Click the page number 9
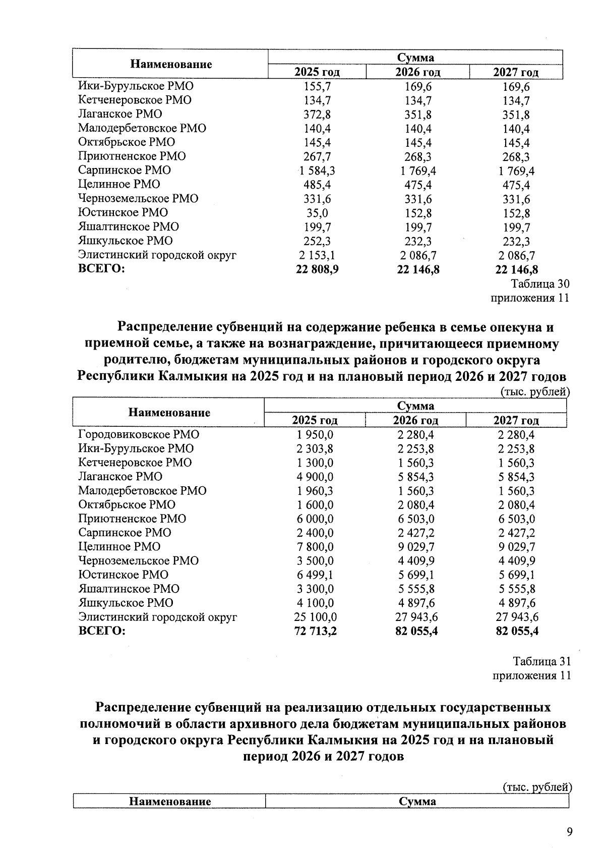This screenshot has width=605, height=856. [569, 832]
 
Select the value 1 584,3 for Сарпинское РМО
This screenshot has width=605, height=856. [317, 170]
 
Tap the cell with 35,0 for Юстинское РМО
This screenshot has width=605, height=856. [317, 213]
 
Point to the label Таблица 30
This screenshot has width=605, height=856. [540, 284]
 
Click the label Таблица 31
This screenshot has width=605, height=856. [541, 661]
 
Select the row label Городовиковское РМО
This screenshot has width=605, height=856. [139, 434]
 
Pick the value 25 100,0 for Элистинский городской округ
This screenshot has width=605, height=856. [316, 617]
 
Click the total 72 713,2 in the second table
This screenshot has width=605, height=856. [316, 631]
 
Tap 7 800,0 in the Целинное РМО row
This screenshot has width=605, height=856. [316, 547]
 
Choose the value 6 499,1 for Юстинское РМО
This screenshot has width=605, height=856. [316, 575]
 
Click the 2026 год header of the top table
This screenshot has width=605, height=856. [417, 73]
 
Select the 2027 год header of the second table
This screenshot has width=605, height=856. [516, 420]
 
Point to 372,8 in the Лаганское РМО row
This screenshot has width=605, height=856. [317, 115]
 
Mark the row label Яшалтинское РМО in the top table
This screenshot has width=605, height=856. [129, 226]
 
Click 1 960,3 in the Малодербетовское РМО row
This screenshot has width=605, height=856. [316, 491]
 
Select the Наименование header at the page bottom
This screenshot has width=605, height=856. [170, 801]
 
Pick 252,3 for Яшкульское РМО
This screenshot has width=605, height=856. [317, 241]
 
